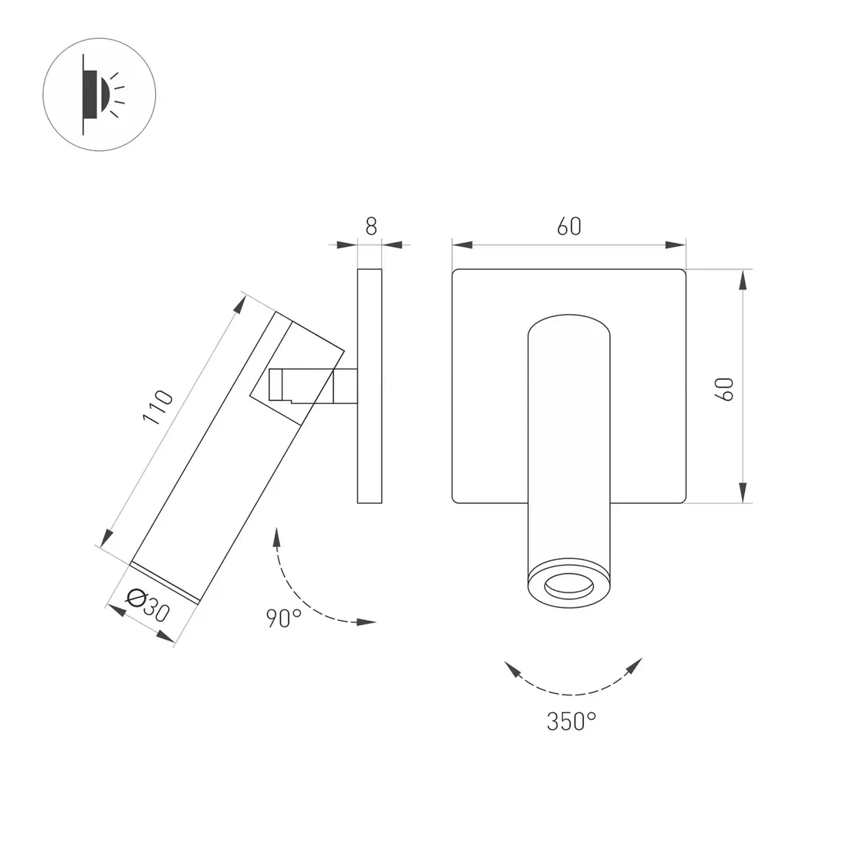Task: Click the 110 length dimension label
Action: (158, 407)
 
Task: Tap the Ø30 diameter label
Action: (148, 605)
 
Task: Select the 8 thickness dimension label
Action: (371, 226)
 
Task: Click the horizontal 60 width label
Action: (569, 226)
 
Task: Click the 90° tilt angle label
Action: (284, 618)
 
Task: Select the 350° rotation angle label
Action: (571, 721)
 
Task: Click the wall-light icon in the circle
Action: (99, 94)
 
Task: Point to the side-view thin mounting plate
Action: (369, 386)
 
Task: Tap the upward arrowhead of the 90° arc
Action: (277, 538)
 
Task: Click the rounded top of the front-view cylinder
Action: (569, 323)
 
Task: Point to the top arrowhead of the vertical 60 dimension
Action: (742, 280)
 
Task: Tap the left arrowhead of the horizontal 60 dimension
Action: (462, 245)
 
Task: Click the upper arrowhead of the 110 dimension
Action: (240, 305)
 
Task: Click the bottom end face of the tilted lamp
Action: (166, 582)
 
